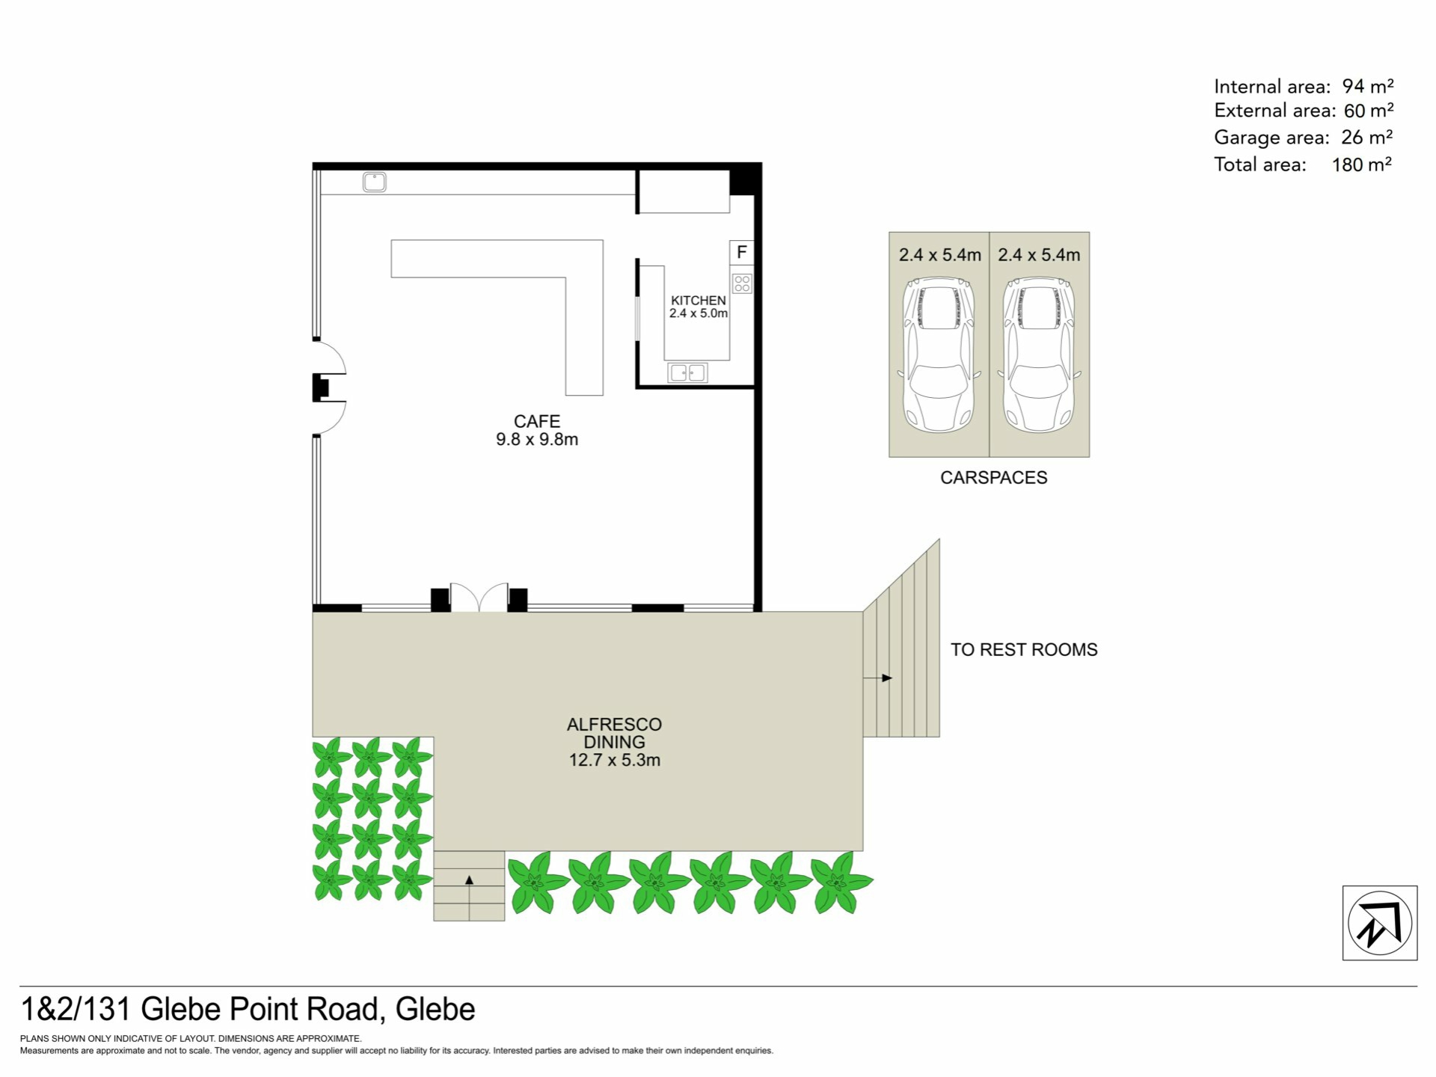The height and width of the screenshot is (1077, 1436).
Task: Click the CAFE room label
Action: [536, 421]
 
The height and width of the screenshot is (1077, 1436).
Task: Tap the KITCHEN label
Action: [698, 300]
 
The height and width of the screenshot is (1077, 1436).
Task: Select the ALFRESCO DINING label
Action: [614, 733]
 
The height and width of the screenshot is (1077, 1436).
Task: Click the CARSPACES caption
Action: [993, 478]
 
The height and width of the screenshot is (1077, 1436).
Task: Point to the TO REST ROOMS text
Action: [1024, 649]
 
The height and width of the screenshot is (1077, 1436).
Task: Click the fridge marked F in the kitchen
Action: [741, 252]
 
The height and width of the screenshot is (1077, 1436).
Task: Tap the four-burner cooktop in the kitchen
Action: [742, 283]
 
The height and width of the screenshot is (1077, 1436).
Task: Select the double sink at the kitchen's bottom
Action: [687, 372]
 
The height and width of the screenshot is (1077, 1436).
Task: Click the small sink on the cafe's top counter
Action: [374, 182]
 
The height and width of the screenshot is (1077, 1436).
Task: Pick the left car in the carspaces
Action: [939, 355]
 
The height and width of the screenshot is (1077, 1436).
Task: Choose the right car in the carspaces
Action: [1039, 355]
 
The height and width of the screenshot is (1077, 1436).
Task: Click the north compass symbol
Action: [1380, 923]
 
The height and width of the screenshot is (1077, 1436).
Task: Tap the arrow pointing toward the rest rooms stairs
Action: [877, 678]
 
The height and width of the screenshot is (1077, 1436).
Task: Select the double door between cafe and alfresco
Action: [479, 598]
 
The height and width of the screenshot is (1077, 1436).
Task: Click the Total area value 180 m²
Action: [1361, 165]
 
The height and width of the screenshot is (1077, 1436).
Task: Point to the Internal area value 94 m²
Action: [1368, 86]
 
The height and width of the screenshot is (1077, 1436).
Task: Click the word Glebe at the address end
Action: [435, 1010]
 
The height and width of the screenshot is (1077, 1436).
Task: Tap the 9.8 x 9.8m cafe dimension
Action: [537, 440]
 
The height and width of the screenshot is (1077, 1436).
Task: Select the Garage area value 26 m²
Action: [1366, 138]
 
